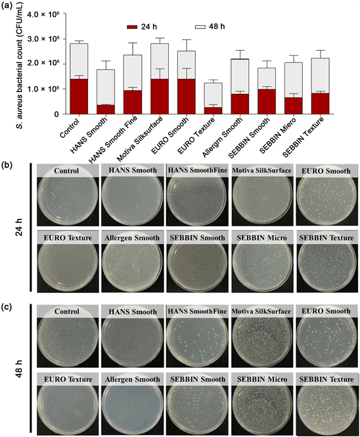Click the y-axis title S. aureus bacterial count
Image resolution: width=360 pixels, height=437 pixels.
click(9, 63)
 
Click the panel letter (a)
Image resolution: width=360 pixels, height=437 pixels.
click(9, 7)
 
